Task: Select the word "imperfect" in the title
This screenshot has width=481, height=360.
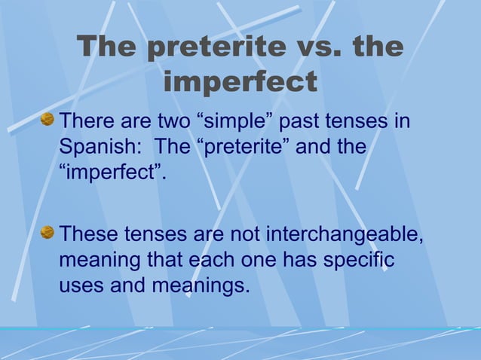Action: coord(240,82)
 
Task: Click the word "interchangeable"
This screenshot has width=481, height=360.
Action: coord(345,236)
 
